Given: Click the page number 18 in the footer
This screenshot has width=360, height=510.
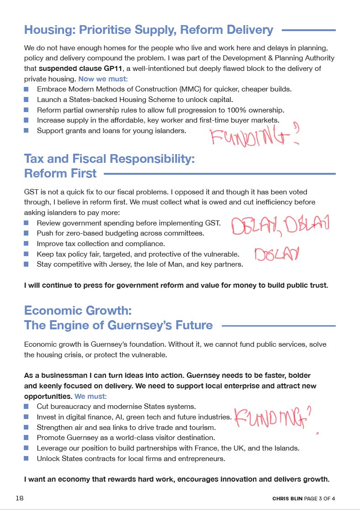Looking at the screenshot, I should pos(20,498).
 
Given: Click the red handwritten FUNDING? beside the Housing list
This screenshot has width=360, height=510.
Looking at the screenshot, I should pos(254,135).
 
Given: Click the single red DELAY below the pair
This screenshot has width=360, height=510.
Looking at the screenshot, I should pos(276,254).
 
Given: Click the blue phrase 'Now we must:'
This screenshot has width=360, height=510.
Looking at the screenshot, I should pos(102,79).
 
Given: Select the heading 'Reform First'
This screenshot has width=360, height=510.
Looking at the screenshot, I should pos(60,173).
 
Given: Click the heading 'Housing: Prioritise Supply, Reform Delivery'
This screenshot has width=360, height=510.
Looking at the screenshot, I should pos(149,30).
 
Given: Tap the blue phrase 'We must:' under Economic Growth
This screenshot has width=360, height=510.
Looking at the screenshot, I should pos(91,396).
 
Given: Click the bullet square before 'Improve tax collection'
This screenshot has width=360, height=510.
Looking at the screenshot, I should pos(27,244).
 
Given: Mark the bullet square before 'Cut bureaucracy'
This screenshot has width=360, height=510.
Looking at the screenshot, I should pos(27,406).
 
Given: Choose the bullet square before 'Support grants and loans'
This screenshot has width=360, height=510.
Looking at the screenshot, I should pos(27,131).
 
